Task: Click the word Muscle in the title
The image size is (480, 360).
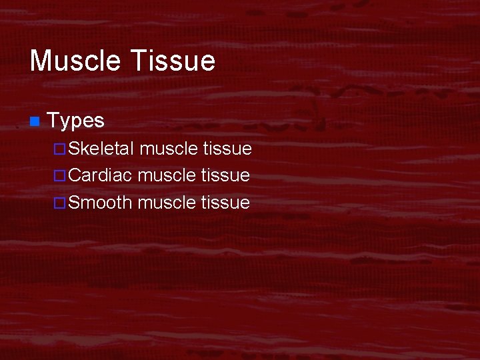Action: click(x=75, y=61)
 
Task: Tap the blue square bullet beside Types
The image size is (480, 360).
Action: click(x=34, y=121)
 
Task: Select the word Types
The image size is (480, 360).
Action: click(x=76, y=121)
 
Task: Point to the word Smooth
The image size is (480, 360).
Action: click(x=100, y=202)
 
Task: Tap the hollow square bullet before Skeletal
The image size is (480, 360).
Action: click(x=59, y=149)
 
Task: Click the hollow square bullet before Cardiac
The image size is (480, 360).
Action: click(x=59, y=176)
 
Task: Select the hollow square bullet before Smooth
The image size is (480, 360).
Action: click(x=59, y=203)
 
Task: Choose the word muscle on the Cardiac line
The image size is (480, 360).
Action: click(x=166, y=175)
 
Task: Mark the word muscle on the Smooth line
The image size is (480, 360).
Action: click(x=166, y=202)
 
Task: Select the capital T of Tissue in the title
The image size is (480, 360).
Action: click(x=137, y=61)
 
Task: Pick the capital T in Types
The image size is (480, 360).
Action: click(x=54, y=121)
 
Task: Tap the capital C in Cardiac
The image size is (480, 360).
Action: click(x=75, y=175)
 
